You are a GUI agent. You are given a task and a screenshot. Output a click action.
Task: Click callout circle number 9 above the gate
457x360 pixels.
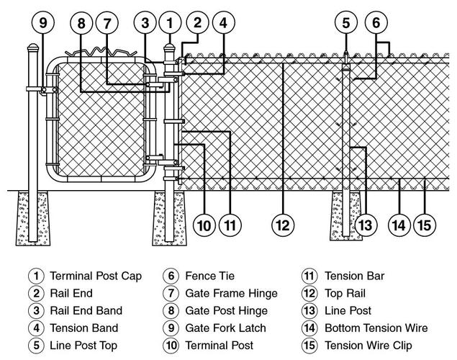tap(42, 22)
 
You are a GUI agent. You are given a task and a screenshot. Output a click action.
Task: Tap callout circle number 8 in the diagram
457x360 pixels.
tap(82, 22)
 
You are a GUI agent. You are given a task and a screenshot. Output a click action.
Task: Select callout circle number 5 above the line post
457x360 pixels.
tap(346, 22)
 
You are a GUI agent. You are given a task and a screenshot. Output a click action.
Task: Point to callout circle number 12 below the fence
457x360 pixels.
tap(283, 225)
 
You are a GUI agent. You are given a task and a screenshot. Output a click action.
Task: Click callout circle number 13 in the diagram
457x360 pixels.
tap(366, 225)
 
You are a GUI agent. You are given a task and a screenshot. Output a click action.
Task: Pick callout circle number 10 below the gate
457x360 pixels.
tap(205, 225)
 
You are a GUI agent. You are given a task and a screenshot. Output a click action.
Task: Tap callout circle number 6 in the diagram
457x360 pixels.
tap(376, 22)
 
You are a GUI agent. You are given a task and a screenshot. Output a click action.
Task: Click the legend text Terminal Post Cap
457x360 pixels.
tap(95, 276)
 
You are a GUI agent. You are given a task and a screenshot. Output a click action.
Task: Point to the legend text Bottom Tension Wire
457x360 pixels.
tap(376, 328)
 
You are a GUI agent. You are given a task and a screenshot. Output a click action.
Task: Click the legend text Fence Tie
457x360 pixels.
tap(209, 276)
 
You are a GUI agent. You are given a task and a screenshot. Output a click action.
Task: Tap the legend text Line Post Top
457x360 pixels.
tap(83, 346)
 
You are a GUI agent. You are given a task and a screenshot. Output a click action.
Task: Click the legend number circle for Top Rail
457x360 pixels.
tap(310, 293)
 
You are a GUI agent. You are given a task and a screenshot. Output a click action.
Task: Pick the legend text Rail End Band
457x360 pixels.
tap(86, 311)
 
